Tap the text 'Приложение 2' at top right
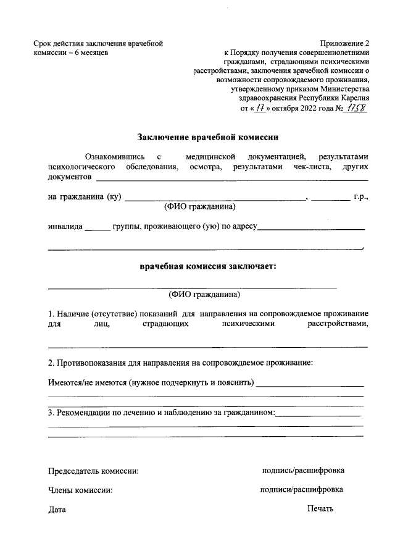344,43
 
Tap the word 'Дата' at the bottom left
56,510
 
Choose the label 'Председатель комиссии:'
93,471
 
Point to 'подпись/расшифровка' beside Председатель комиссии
302,471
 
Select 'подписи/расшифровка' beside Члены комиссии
302,490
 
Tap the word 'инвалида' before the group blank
65,226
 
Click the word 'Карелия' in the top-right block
354,98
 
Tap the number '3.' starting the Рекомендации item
52,412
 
